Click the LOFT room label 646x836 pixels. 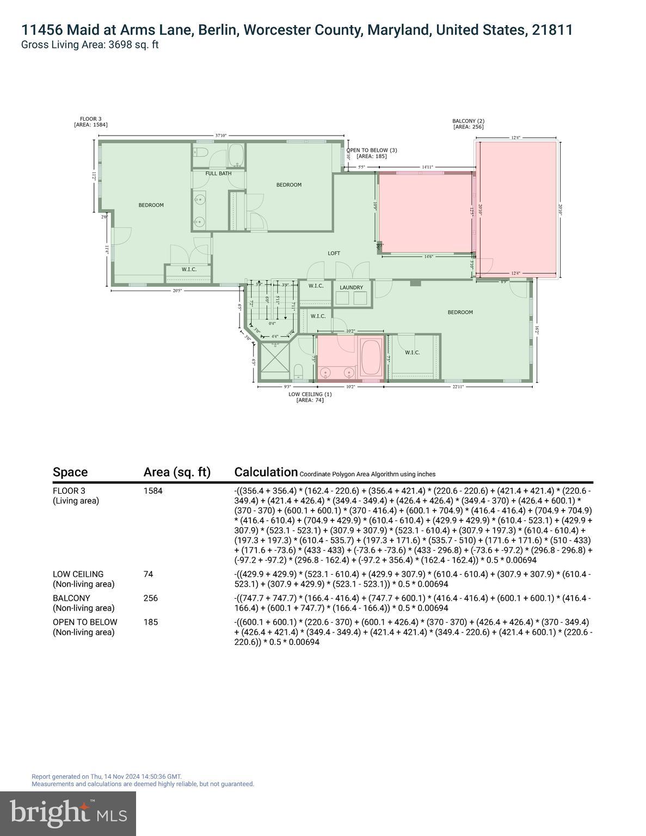tap(334, 253)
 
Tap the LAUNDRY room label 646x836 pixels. tap(351, 287)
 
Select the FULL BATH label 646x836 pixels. tap(218, 174)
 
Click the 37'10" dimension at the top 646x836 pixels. tap(221, 136)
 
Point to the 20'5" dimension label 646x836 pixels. tap(177, 291)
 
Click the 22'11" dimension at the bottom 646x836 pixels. tap(458, 386)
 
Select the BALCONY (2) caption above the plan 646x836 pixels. tap(468, 121)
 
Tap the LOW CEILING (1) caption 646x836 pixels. tap(310, 394)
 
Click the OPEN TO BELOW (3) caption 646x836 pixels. tap(372, 150)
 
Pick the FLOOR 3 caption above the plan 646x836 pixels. tap(91, 119)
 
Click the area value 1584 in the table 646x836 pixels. tap(153, 490)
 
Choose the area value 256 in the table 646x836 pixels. tap(150, 598)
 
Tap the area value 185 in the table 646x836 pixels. tap(150, 622)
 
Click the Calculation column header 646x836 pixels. tap(266, 472)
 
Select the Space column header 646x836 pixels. tap(70, 472)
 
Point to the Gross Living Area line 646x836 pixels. tap(90, 45)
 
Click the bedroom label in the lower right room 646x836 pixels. tap(460, 312)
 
